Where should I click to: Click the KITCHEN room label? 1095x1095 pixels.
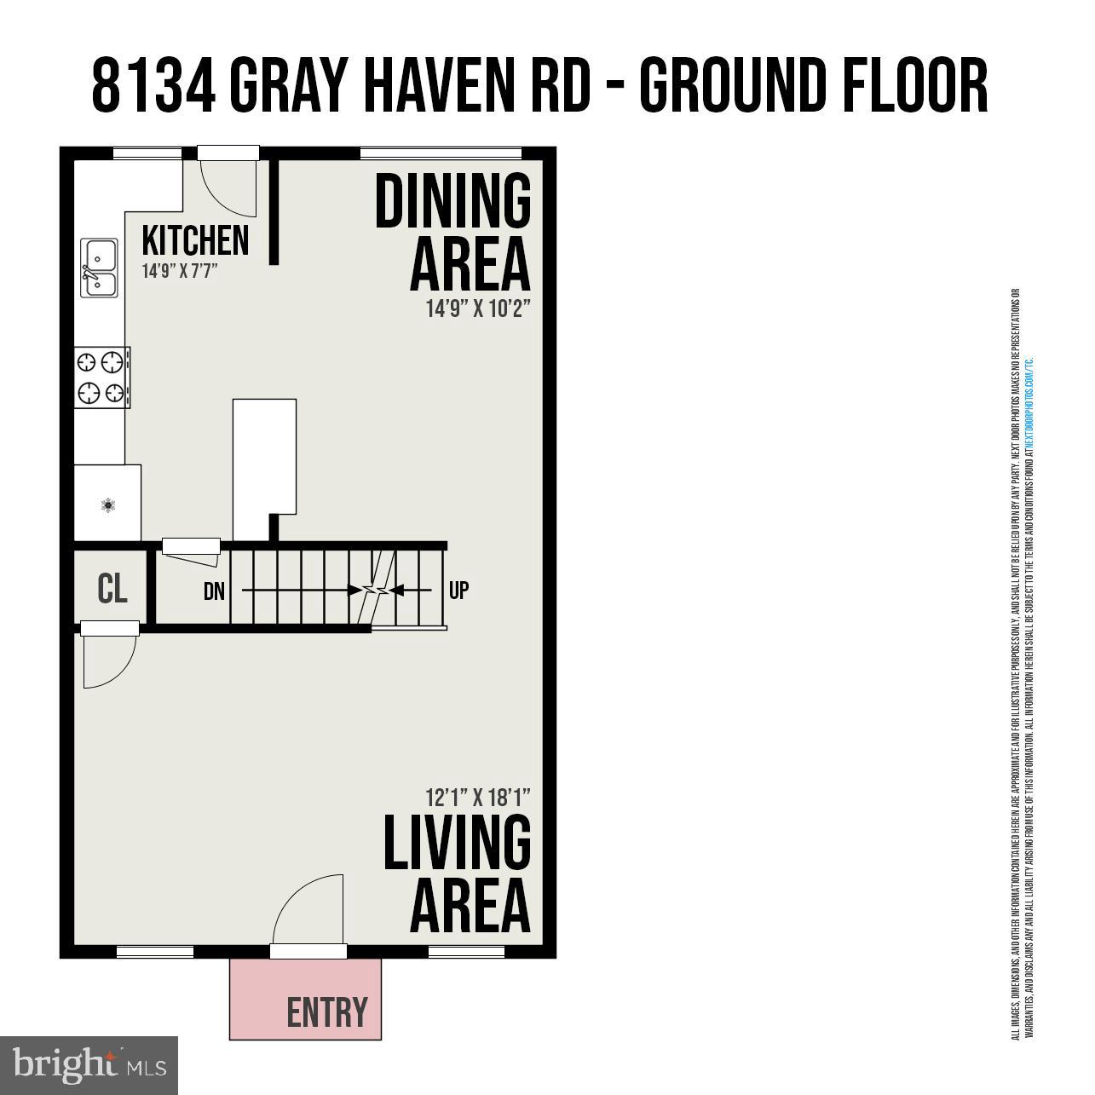(195, 240)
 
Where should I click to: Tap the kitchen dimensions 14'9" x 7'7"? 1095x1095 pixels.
(181, 272)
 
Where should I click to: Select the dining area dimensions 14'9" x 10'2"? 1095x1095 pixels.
(478, 308)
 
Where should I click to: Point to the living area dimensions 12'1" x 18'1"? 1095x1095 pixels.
(478, 798)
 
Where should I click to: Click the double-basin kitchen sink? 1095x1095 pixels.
(100, 268)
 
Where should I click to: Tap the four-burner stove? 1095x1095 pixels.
(101, 377)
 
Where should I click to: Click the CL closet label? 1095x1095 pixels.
(112, 589)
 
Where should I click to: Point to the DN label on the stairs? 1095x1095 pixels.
(214, 591)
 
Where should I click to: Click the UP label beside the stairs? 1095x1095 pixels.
(458, 590)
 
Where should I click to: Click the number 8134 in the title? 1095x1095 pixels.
(153, 85)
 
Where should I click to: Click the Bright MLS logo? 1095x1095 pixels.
(89, 1064)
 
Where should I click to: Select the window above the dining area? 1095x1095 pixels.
(441, 153)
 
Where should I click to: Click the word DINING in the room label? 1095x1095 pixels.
(453, 201)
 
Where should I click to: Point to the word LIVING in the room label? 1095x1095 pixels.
(457, 843)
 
